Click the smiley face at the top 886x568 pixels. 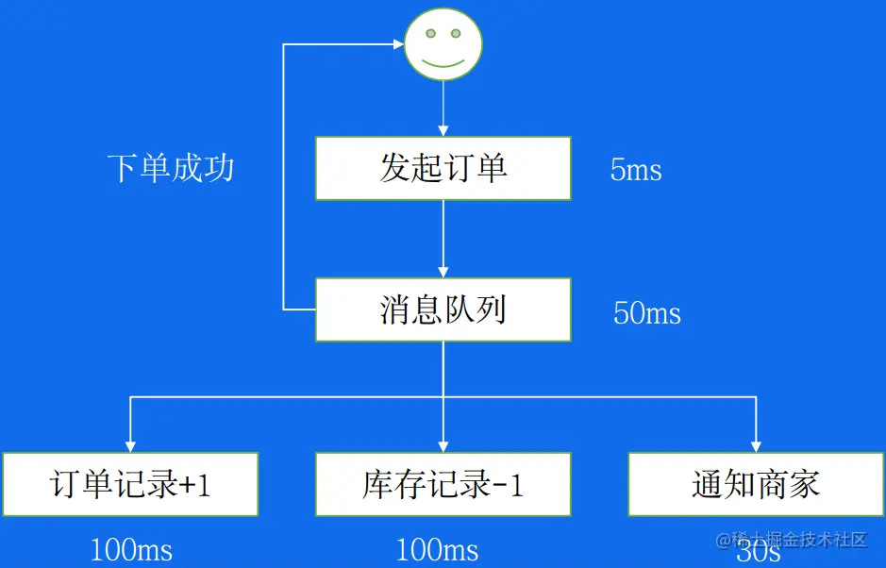coord(443,44)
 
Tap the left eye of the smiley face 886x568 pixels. coord(430,34)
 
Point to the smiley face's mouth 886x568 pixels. coord(443,61)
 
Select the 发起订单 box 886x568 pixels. coord(443,168)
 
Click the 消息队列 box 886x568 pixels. coord(443,309)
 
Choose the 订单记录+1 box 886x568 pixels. coord(129,484)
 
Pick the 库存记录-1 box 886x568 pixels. coord(443,484)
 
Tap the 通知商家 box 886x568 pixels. coord(756,484)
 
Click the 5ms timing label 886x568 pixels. coord(635,171)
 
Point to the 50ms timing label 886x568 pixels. coord(646,313)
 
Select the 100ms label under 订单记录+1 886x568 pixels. coord(131,550)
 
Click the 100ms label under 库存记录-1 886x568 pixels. coord(437,550)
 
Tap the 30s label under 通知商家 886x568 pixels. coord(758,552)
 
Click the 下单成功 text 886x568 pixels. coord(171,168)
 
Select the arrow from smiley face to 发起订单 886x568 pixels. coord(443,109)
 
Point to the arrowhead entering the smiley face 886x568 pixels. coord(397,43)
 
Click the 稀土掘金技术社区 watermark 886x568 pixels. coord(802,540)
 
